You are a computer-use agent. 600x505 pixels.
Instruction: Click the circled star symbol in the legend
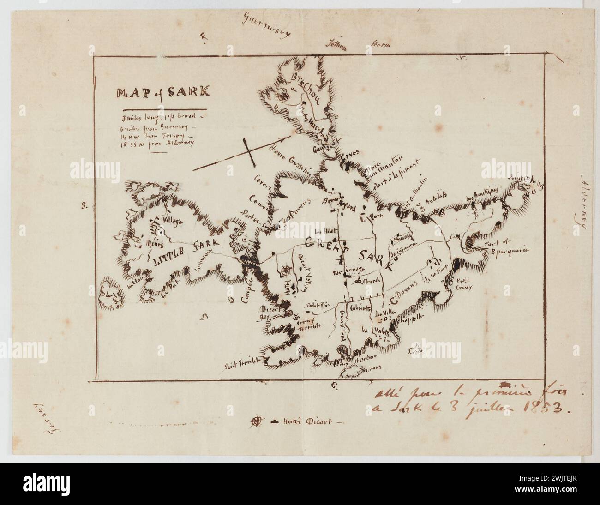[257, 421]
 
